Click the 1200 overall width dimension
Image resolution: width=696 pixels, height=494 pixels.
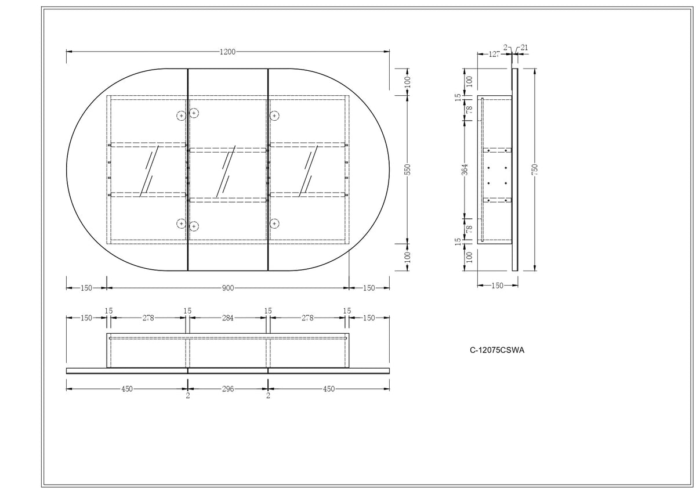pos(227,52)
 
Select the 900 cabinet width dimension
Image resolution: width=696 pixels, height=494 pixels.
pos(228,288)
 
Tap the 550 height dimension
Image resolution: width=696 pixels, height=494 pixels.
pos(408,170)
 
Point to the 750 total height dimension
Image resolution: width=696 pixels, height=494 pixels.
pos(534,170)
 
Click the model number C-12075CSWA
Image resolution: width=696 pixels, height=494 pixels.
pos(497,350)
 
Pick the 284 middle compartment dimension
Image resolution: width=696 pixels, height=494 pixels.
pos(228,318)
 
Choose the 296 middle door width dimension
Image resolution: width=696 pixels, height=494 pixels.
pos(228,389)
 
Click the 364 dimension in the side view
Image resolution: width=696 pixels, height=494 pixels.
pos(465,170)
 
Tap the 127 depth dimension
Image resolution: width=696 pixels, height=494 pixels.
pos(494,54)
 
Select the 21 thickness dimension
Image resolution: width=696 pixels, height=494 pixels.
pos(524,48)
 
